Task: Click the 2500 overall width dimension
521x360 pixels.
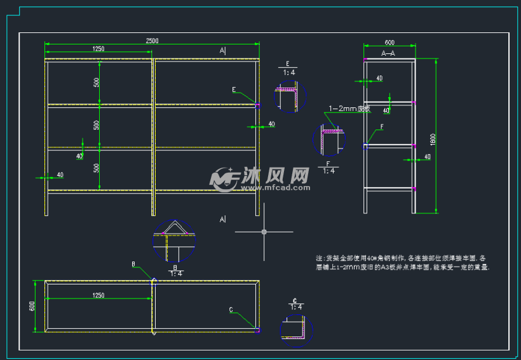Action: tap(152, 41)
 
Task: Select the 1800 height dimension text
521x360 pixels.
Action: tap(433, 139)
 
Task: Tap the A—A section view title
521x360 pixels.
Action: tap(388, 54)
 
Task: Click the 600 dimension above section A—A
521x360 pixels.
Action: tap(389, 42)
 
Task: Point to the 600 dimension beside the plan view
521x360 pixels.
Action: tap(32, 306)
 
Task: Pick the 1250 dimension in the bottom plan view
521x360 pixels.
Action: tap(98, 295)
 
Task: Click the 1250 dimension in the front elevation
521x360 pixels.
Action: tap(98, 49)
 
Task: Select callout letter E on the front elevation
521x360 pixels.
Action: tap(234, 89)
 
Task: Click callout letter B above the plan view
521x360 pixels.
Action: tap(133, 263)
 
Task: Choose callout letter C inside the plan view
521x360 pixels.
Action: tap(231, 310)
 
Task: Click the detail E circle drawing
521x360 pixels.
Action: tap(290, 97)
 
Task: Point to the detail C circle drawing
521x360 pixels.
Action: tap(297, 330)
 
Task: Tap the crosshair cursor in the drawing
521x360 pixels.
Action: tap(264, 232)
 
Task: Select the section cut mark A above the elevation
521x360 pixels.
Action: tap(222, 50)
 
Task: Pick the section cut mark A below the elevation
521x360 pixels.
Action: tap(222, 219)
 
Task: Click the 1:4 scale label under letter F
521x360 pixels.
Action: tap(329, 171)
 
